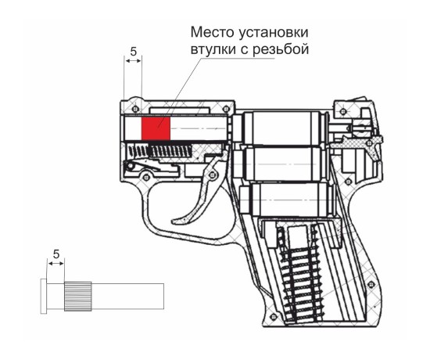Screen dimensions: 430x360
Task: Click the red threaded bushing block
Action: tap(156, 128)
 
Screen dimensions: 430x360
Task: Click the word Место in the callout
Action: tap(212, 32)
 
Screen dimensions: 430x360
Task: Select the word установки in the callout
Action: tap(274, 33)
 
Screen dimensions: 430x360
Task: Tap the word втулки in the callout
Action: tap(213, 50)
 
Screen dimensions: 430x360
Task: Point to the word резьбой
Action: tap(281, 49)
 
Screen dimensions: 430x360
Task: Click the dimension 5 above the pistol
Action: tap(133, 52)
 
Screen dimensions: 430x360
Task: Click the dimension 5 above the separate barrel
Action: tap(56, 254)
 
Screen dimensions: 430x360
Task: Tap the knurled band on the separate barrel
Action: tap(78, 297)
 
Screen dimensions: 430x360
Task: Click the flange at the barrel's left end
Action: tap(43, 296)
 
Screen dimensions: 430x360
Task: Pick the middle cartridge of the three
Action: tap(285, 164)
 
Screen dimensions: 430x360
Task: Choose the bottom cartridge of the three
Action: tap(287, 199)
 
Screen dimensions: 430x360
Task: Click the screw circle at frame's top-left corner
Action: tap(134, 109)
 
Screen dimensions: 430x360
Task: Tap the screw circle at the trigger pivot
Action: tap(211, 174)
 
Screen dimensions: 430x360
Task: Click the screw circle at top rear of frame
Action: tap(343, 111)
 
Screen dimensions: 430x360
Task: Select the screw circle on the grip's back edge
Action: tap(372, 283)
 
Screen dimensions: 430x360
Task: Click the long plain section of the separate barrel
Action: tap(127, 297)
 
